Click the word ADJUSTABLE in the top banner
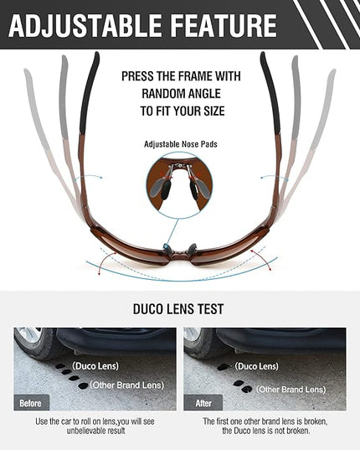coord(85,25)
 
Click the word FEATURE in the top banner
coord(225,25)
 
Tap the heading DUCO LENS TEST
coord(178,309)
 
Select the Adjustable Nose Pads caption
coord(181,144)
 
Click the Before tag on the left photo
coord(30,403)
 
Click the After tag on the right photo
coord(203,403)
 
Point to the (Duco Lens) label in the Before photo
coord(95,366)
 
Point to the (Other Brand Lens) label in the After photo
coord(291,390)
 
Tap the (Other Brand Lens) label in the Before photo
coord(127,385)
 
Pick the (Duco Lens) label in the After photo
coord(256,366)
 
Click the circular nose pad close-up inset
coord(180,185)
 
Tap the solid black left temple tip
coord(89,93)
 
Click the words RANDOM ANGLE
coord(181,94)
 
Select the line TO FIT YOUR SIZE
coord(183,111)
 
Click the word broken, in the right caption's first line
coord(316,422)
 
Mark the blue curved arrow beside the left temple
coord(88,177)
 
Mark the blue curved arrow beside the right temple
coord(275,178)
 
